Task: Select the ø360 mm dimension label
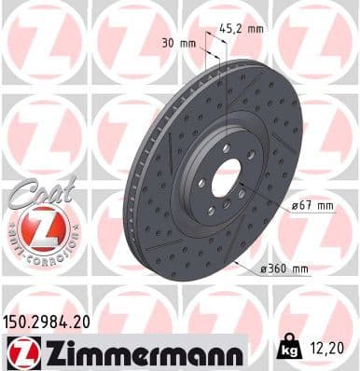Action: (x=284, y=269)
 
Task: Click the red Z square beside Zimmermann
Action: (x=21, y=351)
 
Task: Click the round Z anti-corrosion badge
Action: (x=41, y=229)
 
